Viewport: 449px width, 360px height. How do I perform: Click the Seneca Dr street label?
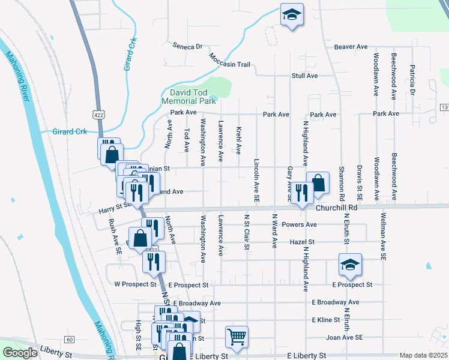click(x=188, y=46)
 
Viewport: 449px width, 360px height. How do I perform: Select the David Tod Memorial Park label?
click(x=192, y=97)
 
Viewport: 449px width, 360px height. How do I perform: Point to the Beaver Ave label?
click(x=351, y=46)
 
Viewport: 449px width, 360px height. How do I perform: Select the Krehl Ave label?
click(x=238, y=140)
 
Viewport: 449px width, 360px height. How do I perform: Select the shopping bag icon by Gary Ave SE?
click(x=318, y=182)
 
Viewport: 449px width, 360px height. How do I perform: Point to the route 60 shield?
click(x=70, y=340)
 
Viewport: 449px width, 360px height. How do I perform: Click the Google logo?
click(x=19, y=353)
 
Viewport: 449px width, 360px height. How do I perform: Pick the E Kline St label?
click(x=326, y=320)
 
